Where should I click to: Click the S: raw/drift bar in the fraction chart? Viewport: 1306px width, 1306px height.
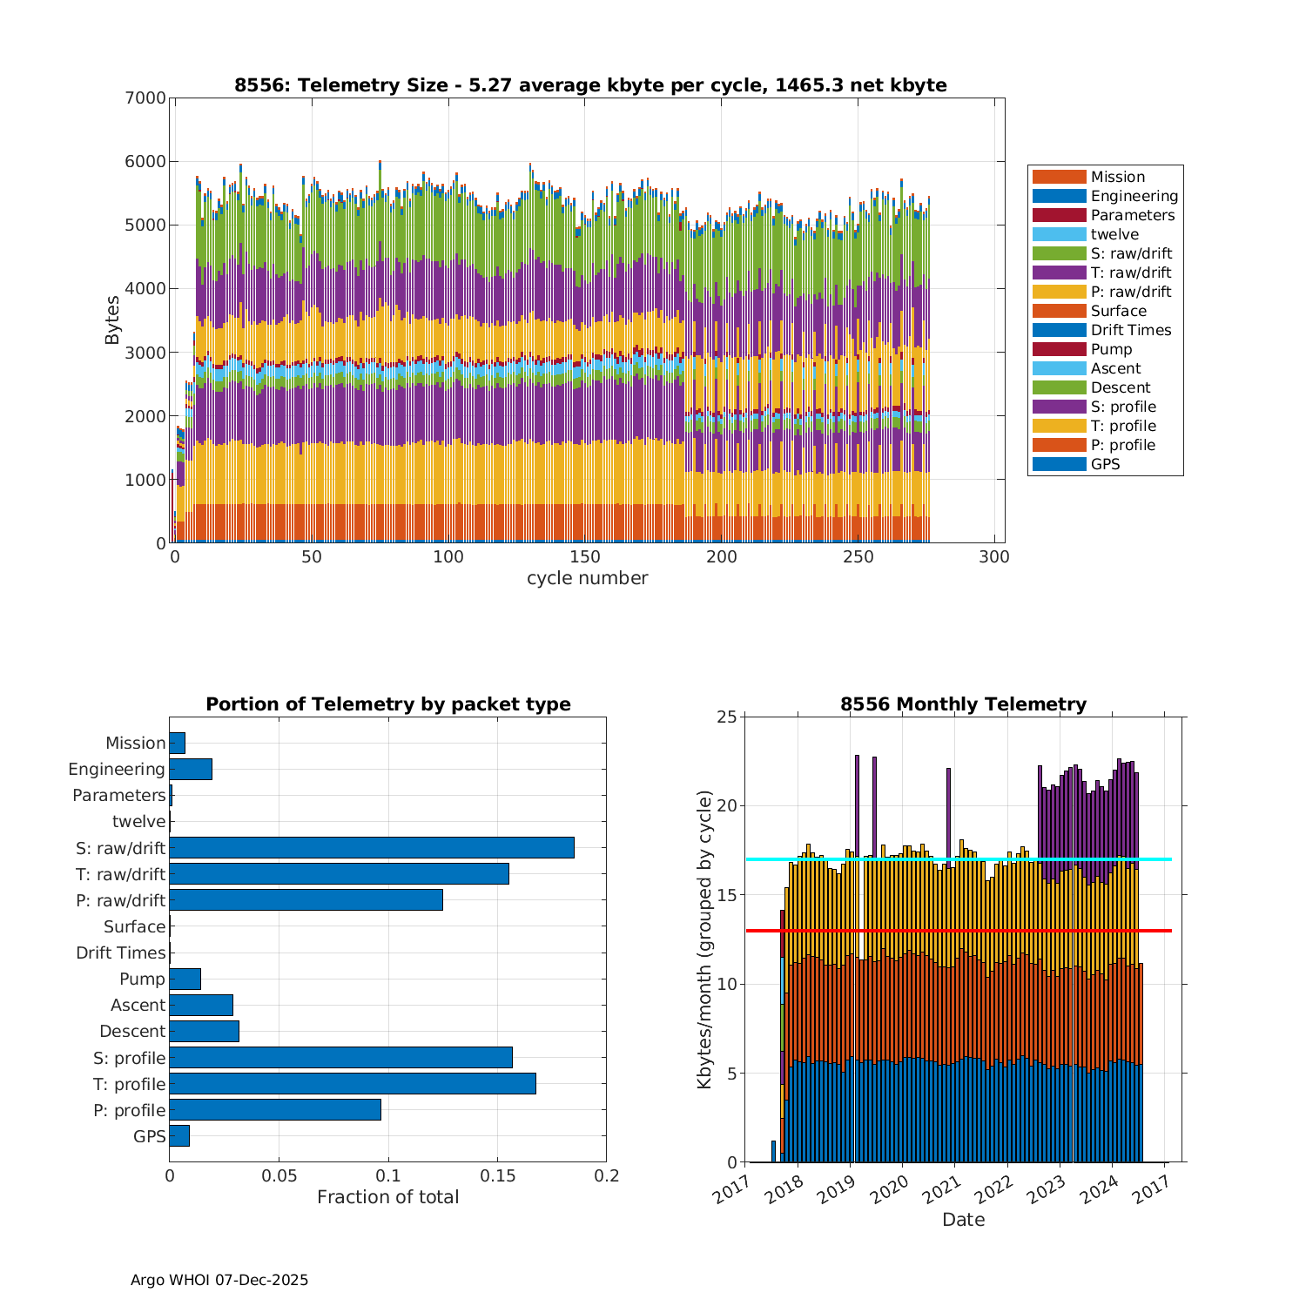372,847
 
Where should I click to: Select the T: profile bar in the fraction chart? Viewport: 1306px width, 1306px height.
353,1083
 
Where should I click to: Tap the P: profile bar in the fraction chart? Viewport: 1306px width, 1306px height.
275,1109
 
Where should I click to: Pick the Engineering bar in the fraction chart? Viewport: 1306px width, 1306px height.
191,769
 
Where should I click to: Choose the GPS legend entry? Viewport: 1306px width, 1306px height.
1105,464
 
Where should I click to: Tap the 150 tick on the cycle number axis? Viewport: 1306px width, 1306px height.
585,557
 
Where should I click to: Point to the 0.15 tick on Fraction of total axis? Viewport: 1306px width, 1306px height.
497,1176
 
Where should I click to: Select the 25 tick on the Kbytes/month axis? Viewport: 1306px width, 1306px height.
726,717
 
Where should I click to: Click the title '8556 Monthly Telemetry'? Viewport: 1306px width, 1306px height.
963,703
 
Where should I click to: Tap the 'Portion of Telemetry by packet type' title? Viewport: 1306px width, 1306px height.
388,703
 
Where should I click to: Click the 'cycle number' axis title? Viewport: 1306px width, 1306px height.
587,578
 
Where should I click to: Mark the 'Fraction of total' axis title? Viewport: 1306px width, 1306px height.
387,1197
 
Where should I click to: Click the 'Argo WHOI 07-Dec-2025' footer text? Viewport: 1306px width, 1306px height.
219,1280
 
